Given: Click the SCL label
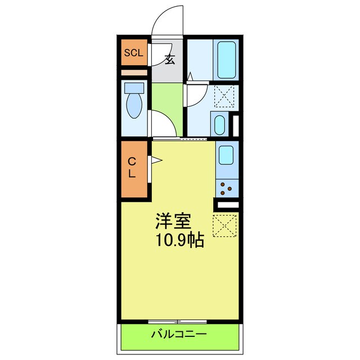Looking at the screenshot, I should pyautogui.click(x=134, y=53).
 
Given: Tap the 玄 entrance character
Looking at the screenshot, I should pyautogui.click(x=169, y=58).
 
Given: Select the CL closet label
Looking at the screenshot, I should pyautogui.click(x=132, y=168).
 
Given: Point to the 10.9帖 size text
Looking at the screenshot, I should pyautogui.click(x=180, y=241).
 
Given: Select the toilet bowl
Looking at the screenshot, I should pyautogui.click(x=134, y=105).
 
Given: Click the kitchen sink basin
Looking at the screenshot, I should pyautogui.click(x=226, y=155).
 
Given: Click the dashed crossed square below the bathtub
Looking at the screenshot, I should pyautogui.click(x=226, y=96).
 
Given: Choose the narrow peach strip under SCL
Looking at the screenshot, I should pyautogui.click(x=134, y=73).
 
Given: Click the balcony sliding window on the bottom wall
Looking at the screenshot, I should pyautogui.click(x=178, y=321).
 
